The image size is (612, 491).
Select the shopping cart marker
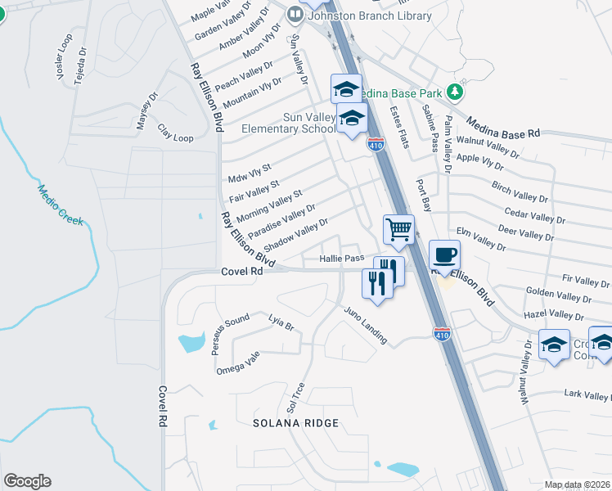click(398, 229)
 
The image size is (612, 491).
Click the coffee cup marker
click(444, 255)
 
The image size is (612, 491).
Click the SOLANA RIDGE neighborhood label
click(295, 423)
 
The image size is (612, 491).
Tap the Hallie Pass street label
click(341, 259)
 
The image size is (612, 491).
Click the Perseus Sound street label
click(230, 332)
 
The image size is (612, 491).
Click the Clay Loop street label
click(176, 133)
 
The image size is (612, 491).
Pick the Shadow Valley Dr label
click(296, 234)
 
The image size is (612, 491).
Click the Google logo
click(27, 481)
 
